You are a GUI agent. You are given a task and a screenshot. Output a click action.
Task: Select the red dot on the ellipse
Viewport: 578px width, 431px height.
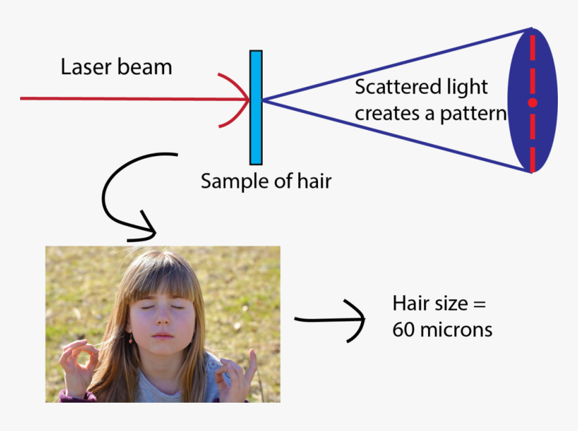click(532, 103)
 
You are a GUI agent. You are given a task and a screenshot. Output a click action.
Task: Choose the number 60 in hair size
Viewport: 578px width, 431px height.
click(404, 330)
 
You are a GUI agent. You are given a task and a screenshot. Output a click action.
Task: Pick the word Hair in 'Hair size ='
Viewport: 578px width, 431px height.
click(407, 303)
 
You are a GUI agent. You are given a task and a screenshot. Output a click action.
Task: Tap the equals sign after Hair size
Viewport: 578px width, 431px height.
click(478, 304)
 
